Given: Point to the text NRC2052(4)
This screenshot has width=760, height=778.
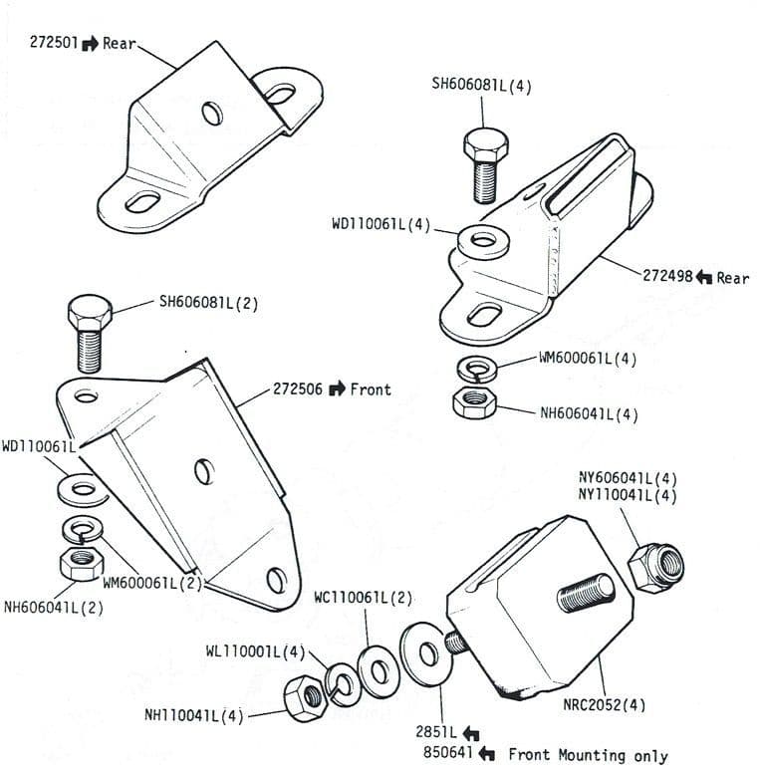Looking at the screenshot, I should point(602,704).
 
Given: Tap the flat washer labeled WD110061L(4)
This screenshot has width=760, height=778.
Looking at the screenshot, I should point(485,241).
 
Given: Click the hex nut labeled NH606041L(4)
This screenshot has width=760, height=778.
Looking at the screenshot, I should point(470,401).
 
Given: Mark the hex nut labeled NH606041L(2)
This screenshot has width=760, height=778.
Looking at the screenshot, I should point(78,564).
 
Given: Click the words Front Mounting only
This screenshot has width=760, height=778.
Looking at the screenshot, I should point(588,755).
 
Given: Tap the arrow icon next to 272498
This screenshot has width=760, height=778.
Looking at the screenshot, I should point(703,277).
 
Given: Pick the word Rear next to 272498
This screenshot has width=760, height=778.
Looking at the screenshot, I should point(732,277).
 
